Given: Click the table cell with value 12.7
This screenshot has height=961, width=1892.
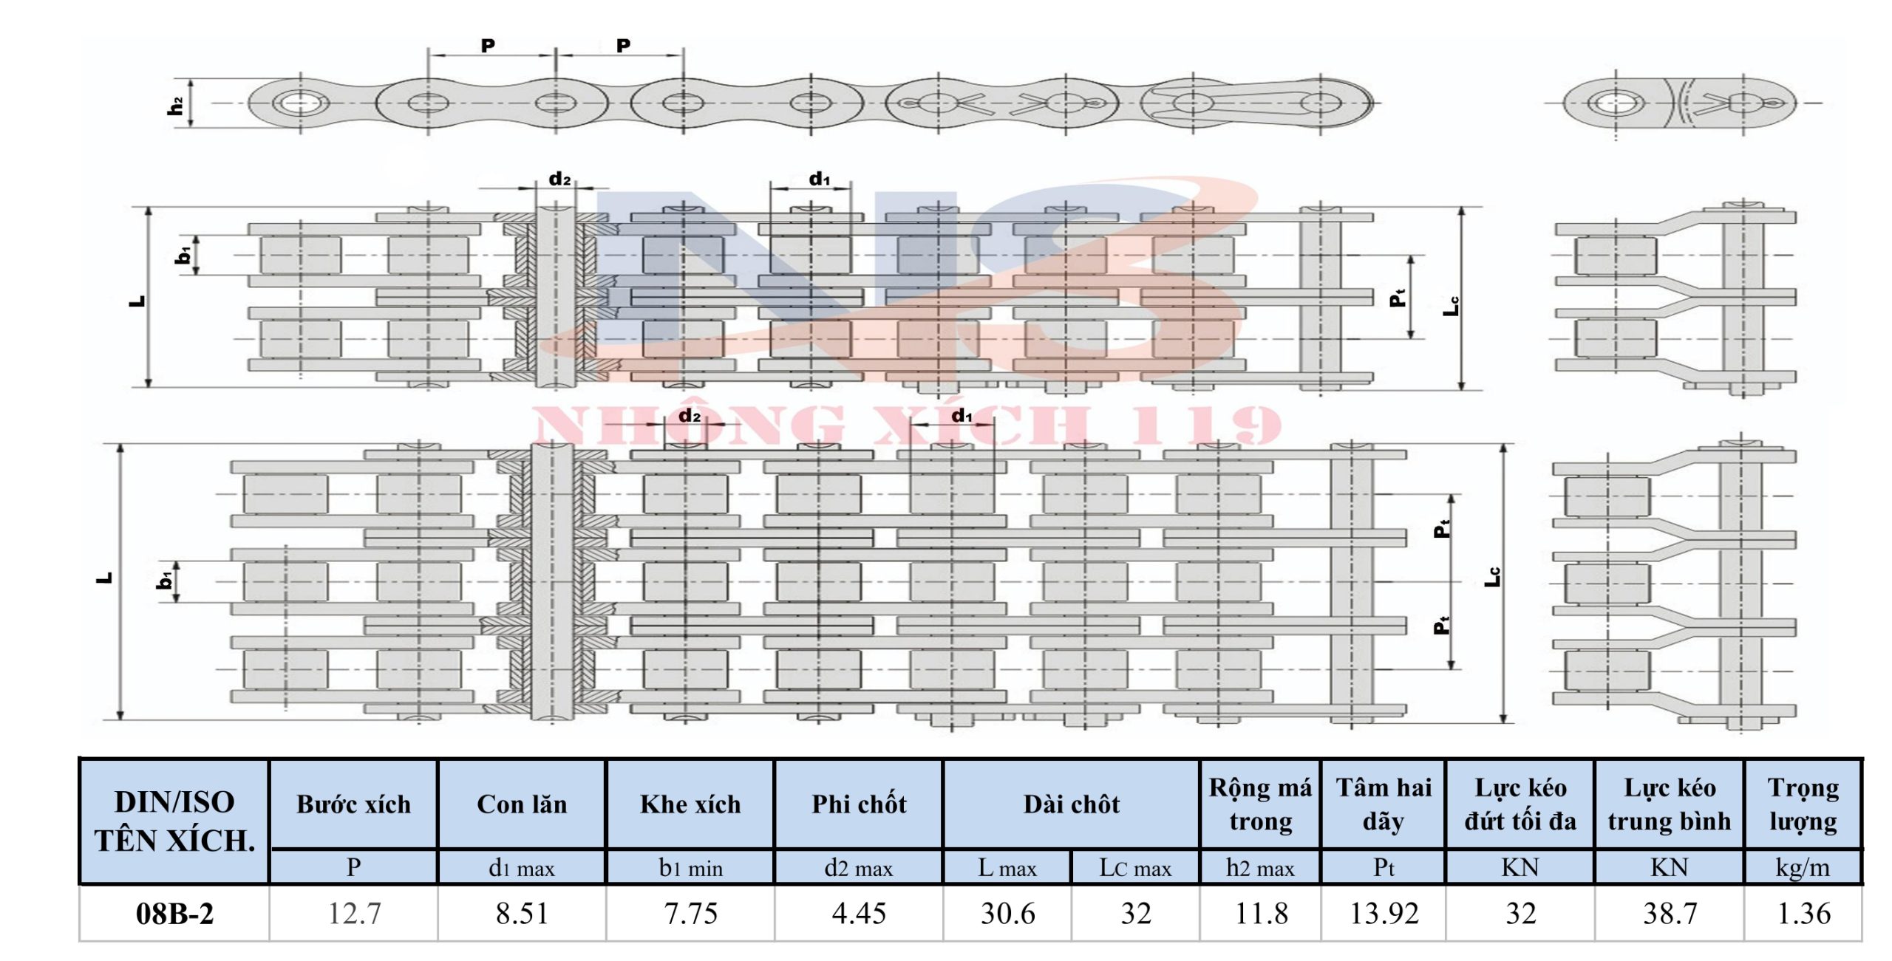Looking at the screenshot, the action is click(354, 914).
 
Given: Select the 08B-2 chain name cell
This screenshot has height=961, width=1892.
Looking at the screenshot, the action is click(174, 914).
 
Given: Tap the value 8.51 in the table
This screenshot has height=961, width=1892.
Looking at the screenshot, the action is click(522, 914).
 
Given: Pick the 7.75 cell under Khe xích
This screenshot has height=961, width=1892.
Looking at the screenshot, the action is click(690, 914).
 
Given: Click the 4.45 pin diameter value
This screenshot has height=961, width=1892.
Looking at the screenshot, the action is click(859, 914).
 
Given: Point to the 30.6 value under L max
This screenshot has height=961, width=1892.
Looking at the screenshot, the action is click(1007, 914).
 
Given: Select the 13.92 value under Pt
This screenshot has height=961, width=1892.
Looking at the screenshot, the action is click(1384, 914).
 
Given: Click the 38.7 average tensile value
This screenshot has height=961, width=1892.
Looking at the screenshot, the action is click(1670, 914).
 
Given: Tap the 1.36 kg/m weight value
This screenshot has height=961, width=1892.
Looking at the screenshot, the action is click(1803, 914).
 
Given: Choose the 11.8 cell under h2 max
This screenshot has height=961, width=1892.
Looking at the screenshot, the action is click(1261, 914).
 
